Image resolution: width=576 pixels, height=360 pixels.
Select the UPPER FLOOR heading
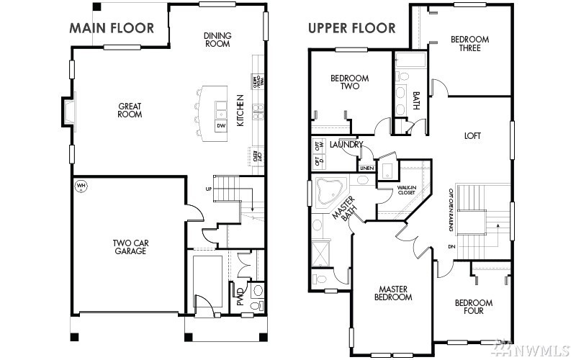351,29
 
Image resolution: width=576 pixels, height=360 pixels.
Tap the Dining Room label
217,39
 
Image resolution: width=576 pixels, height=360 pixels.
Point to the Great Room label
130,110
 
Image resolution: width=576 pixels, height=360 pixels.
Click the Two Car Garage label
130,247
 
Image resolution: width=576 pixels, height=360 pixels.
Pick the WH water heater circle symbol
81,186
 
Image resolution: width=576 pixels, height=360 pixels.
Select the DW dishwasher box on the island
220,126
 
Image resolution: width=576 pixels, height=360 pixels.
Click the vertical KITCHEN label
240,111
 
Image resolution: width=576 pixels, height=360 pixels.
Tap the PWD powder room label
240,297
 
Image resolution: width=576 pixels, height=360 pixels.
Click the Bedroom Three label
469,43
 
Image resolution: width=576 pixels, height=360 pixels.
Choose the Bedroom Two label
349,82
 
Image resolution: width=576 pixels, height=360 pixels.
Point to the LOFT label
472,135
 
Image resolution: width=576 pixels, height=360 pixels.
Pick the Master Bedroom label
395,292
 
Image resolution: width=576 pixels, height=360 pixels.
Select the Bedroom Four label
474,307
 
